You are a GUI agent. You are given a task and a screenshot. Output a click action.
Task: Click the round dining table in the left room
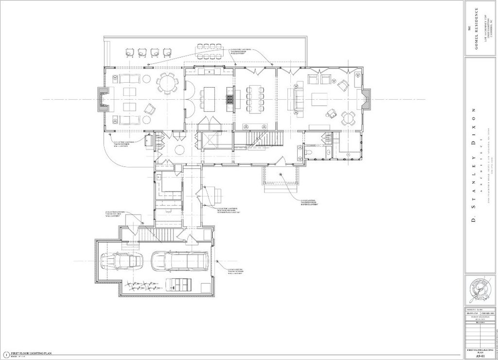tap(166, 83)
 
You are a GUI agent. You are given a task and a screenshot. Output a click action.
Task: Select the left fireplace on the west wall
tap(102, 100)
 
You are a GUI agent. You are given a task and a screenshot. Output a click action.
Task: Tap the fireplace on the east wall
tap(366, 99)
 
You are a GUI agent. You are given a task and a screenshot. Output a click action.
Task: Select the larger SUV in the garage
tap(179, 261)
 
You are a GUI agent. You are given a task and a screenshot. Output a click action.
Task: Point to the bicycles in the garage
tap(142, 287)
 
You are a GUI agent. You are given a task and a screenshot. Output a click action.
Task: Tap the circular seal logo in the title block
tap(480, 290)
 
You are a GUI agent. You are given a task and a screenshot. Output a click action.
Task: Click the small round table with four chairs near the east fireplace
tap(348, 118)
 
